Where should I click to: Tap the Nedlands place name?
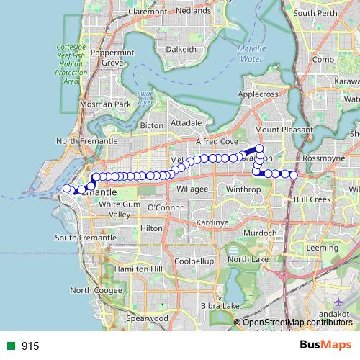point(194,12)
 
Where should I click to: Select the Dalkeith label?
point(180,49)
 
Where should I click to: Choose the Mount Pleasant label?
point(282,130)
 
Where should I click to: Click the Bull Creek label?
point(312,198)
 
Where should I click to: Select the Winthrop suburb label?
point(243,189)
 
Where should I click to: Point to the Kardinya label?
point(212,222)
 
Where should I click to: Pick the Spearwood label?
point(147,318)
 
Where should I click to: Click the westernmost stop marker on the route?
point(67,189)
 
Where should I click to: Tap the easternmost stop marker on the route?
point(294,174)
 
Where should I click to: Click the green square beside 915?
point(11,346)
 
